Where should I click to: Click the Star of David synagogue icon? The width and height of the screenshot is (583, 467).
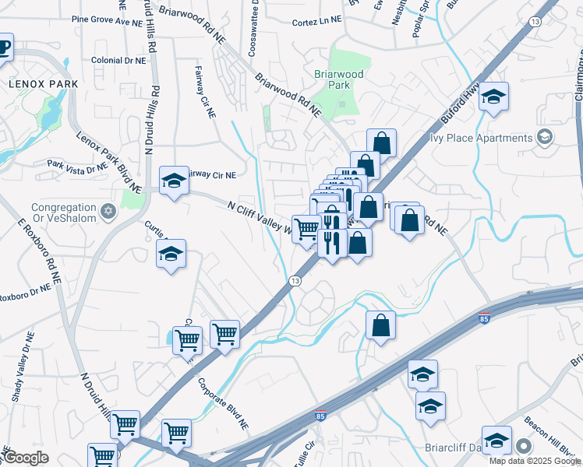pos(108,210)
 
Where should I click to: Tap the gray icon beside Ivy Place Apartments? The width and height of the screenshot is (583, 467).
pos(545,138)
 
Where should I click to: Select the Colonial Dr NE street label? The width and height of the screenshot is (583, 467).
pos(118,60)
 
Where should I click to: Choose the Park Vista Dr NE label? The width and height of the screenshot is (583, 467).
pos(76,166)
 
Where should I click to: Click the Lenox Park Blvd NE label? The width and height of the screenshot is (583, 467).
pos(108,161)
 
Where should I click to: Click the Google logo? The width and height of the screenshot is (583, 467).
pos(25,458)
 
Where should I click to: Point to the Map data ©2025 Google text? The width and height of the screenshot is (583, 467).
pos(535,461)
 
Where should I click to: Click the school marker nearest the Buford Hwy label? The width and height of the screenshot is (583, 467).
pos(493,97)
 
